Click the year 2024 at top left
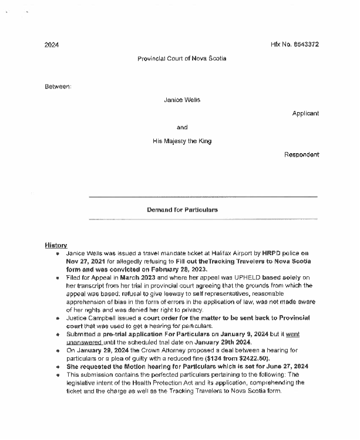(52, 45)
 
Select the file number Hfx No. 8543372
(295, 45)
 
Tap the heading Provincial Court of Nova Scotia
(181, 59)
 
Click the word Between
(58, 87)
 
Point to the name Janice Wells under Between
(182, 100)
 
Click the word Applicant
(305, 113)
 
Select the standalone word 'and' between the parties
(182, 127)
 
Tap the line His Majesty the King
(182, 141)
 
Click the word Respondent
(302, 155)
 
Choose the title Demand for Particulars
(182, 209)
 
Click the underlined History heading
(56, 245)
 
